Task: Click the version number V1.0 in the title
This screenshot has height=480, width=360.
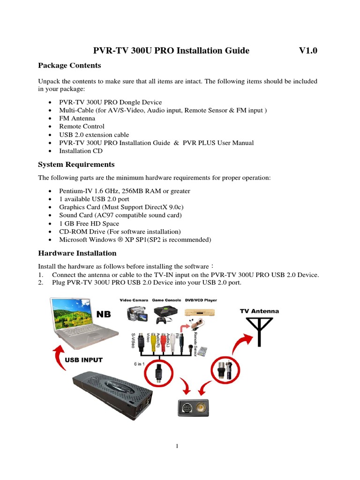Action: point(308,51)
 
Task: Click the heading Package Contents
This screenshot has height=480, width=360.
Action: point(69,65)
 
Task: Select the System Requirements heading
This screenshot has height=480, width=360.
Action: point(76,165)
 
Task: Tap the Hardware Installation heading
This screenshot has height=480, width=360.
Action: point(77,253)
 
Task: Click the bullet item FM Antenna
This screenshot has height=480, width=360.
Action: point(77,118)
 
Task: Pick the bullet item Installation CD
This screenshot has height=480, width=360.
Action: point(81,151)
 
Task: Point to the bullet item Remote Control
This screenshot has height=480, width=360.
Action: point(82,126)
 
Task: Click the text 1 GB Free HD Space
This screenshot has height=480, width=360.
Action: point(89,224)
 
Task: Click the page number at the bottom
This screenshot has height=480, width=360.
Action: point(178,446)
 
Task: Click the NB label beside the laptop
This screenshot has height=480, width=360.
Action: point(104,314)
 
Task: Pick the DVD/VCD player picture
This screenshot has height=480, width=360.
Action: point(200,312)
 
